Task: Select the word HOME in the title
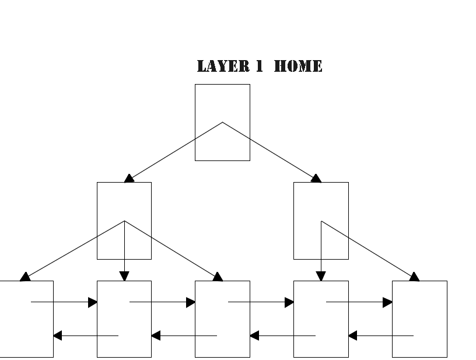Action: point(297,67)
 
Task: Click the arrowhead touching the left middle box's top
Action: point(129,178)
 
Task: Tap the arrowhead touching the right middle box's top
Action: point(316,178)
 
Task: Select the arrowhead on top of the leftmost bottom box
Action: point(25,277)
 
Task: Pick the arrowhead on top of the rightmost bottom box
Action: point(414,277)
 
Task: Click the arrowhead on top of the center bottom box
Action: point(218,277)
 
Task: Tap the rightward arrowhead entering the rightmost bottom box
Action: point(387,302)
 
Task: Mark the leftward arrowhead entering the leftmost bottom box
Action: point(58,335)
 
